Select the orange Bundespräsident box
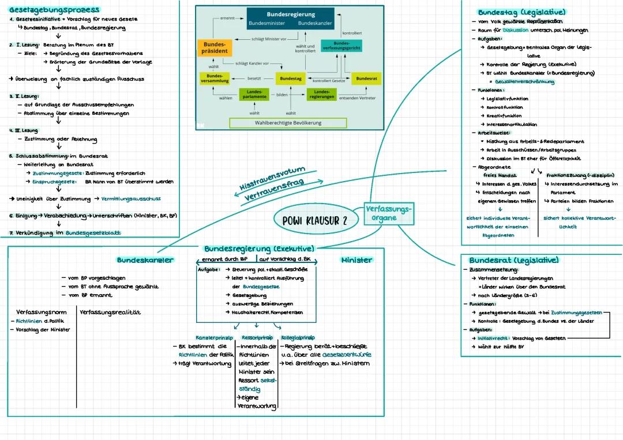click(x=214, y=48)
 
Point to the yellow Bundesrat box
click(x=366, y=78)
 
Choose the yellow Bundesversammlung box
click(x=214, y=78)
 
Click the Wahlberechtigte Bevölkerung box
click(x=288, y=123)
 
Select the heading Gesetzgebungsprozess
click(x=54, y=10)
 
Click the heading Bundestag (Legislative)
click(x=521, y=12)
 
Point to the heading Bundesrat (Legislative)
click(x=513, y=260)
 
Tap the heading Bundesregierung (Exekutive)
click(x=259, y=249)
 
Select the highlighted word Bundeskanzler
click(x=145, y=260)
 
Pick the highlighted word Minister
click(x=356, y=260)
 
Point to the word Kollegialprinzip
click(x=298, y=337)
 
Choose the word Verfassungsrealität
click(x=110, y=312)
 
